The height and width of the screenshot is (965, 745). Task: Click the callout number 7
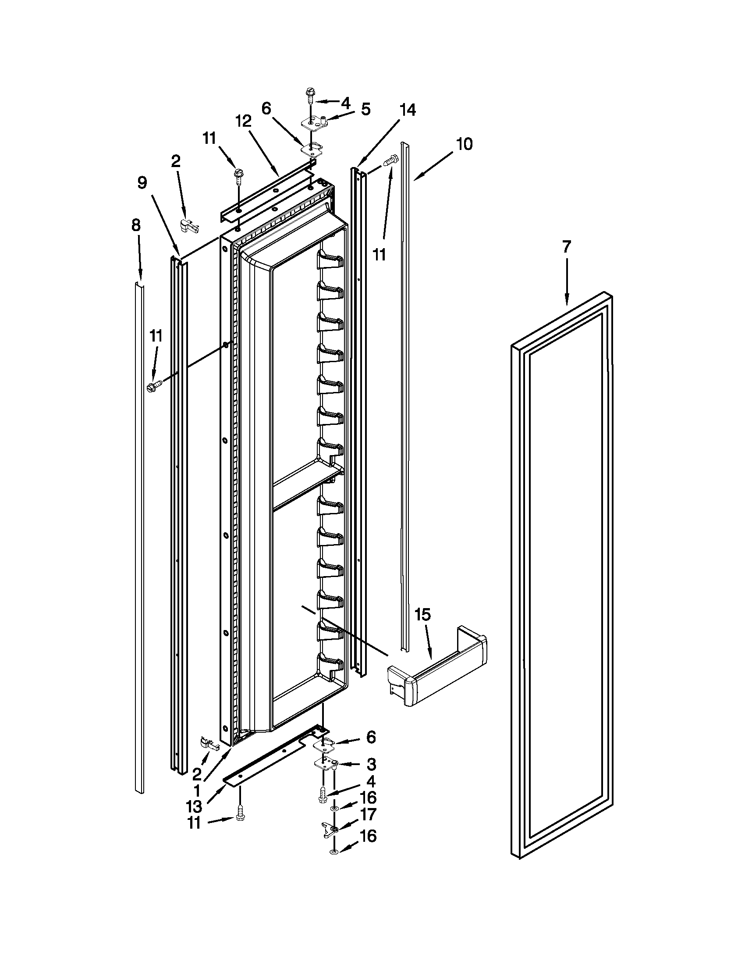(566, 247)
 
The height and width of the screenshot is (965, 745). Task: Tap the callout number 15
(422, 615)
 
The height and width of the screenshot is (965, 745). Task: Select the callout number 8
(136, 225)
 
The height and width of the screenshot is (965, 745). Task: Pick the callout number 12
(243, 121)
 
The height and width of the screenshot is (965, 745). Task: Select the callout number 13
(194, 806)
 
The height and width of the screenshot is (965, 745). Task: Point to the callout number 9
(142, 182)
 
